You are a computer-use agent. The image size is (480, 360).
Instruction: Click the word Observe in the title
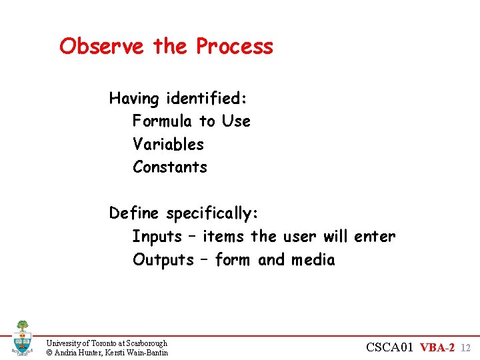tap(101, 47)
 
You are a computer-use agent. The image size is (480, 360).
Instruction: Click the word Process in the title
tap(234, 47)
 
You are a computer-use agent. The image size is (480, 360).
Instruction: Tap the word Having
tap(135, 99)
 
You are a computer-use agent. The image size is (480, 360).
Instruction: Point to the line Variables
tap(168, 145)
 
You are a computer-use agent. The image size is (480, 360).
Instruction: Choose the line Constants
tap(170, 167)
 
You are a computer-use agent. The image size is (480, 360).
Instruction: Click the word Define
tap(135, 213)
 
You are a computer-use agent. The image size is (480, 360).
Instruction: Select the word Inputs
tap(157, 237)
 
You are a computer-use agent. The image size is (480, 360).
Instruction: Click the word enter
tap(375, 237)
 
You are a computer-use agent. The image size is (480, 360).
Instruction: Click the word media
tap(313, 260)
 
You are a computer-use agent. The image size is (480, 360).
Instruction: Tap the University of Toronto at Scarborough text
tap(107, 343)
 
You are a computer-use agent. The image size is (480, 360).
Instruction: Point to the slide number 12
tap(466, 348)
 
